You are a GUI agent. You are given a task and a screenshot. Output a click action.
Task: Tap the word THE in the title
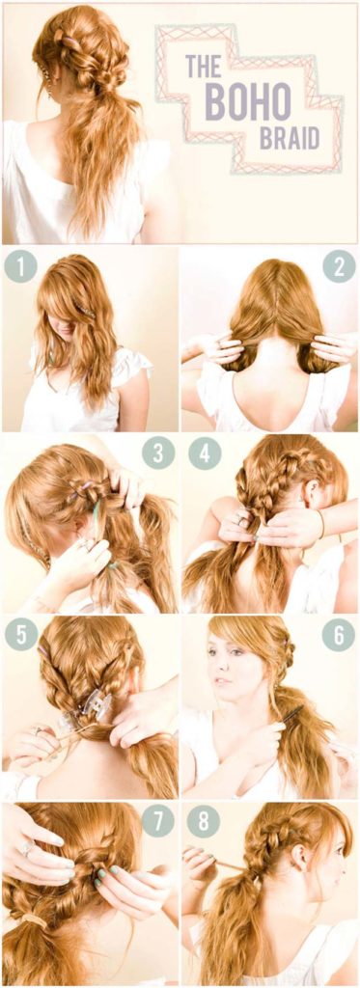tap(203, 69)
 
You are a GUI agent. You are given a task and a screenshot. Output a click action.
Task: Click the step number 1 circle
tap(19, 265)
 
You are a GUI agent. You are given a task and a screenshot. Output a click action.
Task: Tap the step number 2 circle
tap(339, 265)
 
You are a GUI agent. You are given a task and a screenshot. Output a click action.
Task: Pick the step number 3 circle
tap(158, 453)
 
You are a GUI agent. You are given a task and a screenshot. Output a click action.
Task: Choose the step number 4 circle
tap(204, 453)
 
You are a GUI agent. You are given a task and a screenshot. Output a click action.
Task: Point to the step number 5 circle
tap(19, 636)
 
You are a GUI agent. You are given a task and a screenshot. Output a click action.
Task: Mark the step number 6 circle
tap(339, 636)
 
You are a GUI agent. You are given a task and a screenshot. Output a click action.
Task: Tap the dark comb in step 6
tap(290, 715)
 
